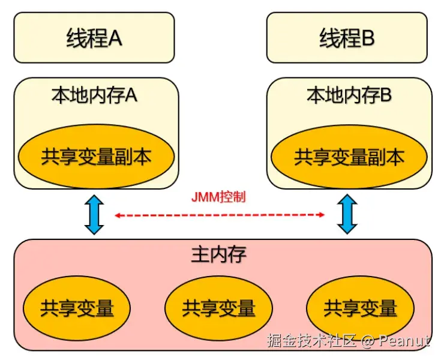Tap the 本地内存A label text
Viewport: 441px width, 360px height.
click(x=94, y=95)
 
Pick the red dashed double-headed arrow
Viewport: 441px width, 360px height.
click(x=220, y=214)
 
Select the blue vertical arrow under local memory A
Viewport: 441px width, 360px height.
click(x=94, y=214)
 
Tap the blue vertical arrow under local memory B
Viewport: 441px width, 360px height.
click(x=347, y=214)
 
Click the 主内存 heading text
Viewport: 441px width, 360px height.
click(x=218, y=254)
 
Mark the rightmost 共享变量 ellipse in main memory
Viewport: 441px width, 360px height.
click(x=360, y=308)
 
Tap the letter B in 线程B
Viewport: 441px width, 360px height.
click(x=368, y=39)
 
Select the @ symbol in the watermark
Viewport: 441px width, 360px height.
click(x=368, y=341)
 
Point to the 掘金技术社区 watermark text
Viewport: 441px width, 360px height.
click(x=312, y=341)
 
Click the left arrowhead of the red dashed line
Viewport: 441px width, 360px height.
click(x=118, y=214)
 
